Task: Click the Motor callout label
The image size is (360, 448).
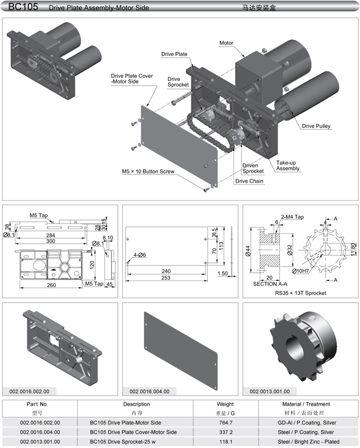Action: pos(226,43)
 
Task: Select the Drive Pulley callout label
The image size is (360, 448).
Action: pos(316,126)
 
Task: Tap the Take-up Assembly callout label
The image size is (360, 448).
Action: pos(287,165)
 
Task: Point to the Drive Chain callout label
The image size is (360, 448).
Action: pos(248,181)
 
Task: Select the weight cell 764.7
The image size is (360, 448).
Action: pos(225,422)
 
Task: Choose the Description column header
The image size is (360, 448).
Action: pos(136,404)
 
